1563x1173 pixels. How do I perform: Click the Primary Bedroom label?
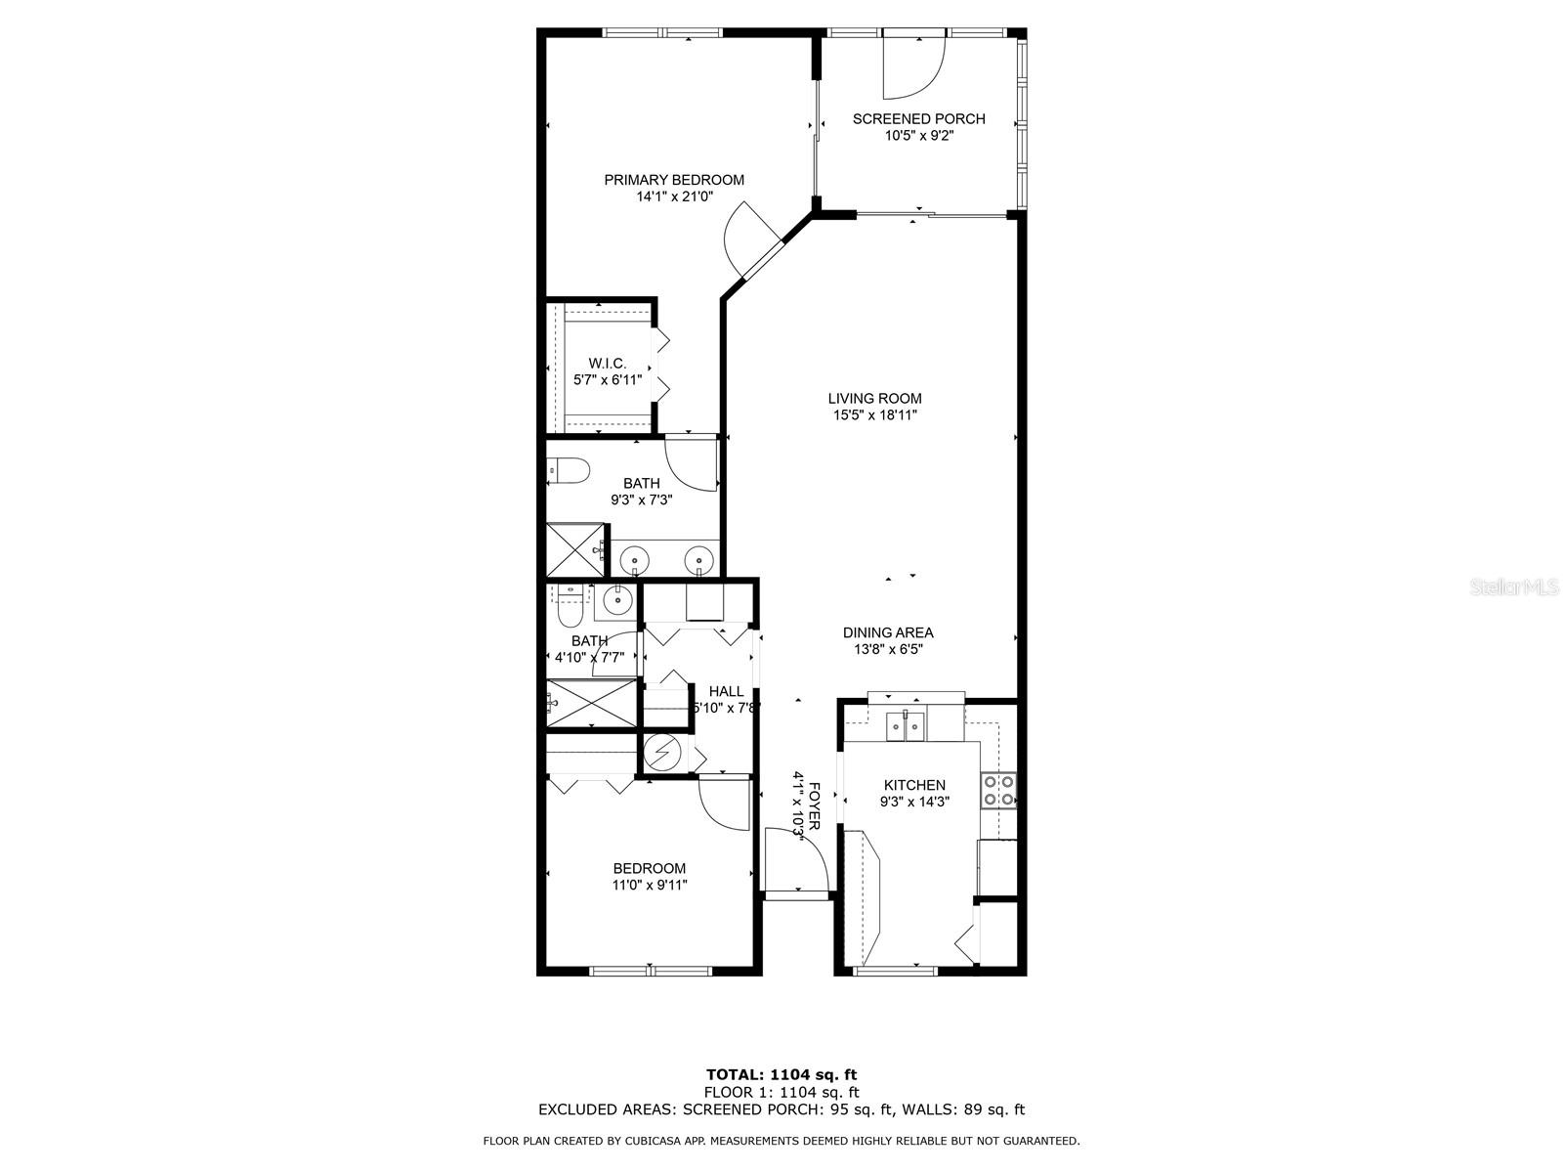pos(674,180)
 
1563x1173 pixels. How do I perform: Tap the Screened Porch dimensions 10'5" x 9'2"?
pos(918,136)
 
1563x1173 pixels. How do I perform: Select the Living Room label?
pos(874,398)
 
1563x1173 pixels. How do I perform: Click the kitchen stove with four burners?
pos(998,790)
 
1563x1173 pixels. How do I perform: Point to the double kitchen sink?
pos(906,726)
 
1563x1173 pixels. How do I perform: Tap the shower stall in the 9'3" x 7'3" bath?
pos(575,549)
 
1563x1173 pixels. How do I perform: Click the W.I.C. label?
pos(608,363)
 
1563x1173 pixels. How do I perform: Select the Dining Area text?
pos(888,632)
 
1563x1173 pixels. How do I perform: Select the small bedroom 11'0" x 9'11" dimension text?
pos(650,886)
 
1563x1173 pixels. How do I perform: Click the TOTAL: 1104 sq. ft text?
pos(781,1074)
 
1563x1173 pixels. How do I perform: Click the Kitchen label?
pos(914,785)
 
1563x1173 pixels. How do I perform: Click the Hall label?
pos(726,691)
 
